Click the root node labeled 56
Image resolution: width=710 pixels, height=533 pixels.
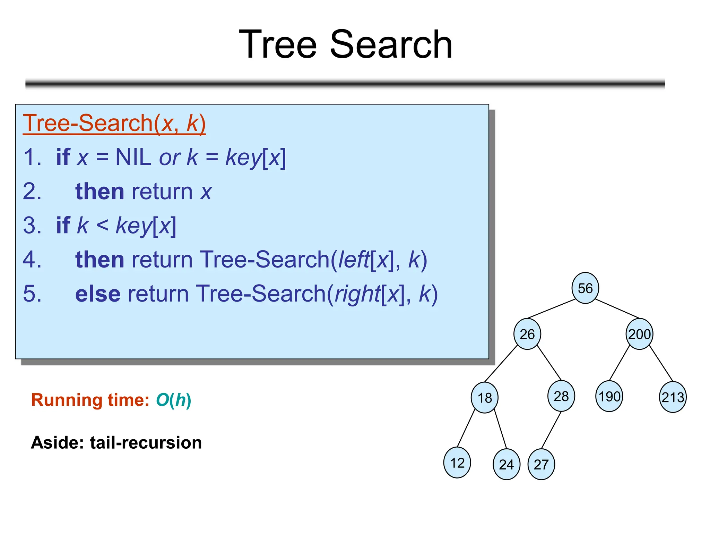585,288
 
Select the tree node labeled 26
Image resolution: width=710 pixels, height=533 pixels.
527,334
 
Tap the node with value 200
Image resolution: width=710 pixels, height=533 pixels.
639,334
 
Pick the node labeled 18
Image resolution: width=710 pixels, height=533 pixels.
484,398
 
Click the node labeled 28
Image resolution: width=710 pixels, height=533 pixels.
561,396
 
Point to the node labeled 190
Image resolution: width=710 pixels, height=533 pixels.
609,396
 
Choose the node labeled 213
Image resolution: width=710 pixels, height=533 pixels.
673,397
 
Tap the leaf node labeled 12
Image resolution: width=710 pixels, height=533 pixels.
457,463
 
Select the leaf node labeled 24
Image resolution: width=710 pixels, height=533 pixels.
506,464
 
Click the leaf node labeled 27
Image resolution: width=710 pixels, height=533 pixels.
541,464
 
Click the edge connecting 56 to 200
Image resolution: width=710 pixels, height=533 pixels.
617,308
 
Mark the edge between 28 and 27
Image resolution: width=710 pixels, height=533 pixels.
551,430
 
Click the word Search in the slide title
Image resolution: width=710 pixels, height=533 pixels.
391,44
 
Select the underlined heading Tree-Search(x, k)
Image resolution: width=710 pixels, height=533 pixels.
114,123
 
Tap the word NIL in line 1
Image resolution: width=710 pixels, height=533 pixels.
133,157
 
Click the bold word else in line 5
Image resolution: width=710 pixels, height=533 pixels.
98,294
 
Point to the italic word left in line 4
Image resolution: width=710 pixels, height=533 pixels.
354,260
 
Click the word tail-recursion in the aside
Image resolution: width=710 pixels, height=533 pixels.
146,443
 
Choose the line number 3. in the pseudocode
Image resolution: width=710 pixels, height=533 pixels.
32,226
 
